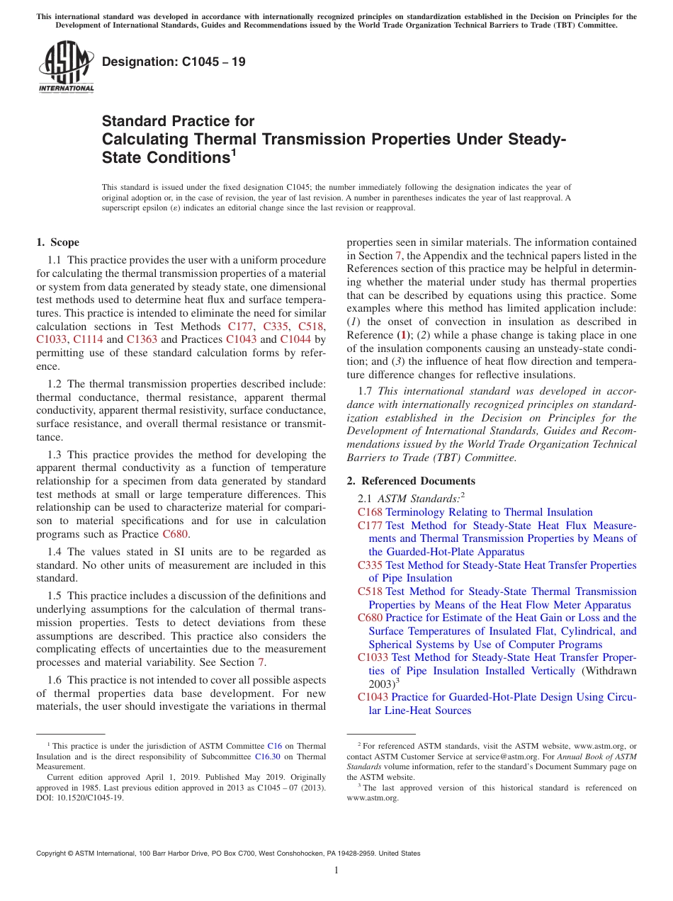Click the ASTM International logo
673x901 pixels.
(65, 67)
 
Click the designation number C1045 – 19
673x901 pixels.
(174, 62)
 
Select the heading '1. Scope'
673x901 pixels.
(58, 242)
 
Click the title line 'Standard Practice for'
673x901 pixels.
(178, 121)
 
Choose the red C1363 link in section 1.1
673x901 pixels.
(142, 339)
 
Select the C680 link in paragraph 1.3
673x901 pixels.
(176, 534)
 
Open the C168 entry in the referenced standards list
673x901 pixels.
(370, 512)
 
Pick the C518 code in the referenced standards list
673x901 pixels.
(370, 591)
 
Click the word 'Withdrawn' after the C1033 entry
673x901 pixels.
(609, 671)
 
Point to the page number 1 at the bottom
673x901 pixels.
(336, 871)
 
